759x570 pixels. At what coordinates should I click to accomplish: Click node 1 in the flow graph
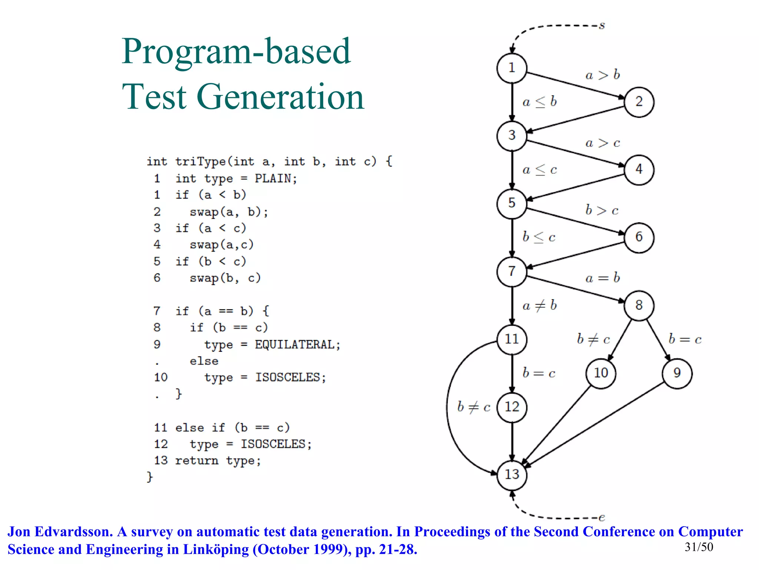tap(512, 68)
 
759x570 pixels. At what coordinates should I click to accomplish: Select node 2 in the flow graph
tap(639, 102)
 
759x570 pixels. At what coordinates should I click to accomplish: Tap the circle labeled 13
tap(512, 474)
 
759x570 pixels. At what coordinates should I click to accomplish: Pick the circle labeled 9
tap(677, 373)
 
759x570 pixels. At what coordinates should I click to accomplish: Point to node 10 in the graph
tap(601, 373)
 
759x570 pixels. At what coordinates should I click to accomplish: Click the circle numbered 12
tap(512, 407)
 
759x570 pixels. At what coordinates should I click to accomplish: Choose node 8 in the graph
tap(639, 305)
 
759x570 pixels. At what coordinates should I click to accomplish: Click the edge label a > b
tap(603, 75)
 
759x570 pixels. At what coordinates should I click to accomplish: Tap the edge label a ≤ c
tap(540, 170)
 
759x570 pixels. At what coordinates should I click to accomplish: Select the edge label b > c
tap(602, 210)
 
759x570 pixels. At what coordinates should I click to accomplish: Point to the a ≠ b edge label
tap(540, 305)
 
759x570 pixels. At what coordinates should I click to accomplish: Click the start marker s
tap(602, 26)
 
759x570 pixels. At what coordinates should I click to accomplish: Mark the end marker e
tap(602, 517)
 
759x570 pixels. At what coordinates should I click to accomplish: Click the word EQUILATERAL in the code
tap(294, 345)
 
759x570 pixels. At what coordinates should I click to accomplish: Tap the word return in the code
tap(196, 461)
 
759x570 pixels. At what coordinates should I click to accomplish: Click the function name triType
tap(200, 161)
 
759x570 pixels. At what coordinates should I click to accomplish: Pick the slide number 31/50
tap(699, 547)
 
